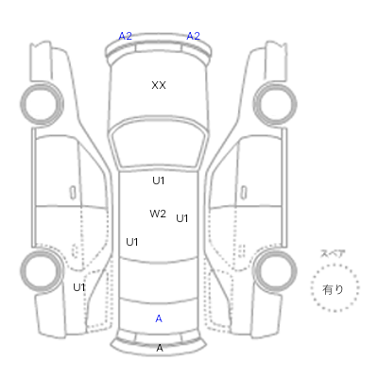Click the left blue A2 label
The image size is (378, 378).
point(125,36)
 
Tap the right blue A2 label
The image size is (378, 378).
point(193,36)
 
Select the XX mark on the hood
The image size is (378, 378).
point(159,85)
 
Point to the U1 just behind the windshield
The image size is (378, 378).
point(159,180)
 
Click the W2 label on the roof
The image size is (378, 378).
point(158,214)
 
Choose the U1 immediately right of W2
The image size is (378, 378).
point(182,218)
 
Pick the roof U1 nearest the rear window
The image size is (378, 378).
point(132,242)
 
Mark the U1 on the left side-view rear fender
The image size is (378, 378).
point(79,287)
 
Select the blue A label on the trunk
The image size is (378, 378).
point(159,318)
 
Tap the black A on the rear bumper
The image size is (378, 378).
point(160,348)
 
